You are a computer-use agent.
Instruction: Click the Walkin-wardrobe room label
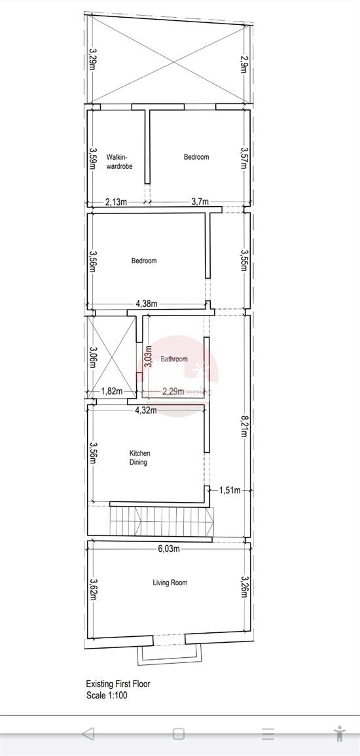tap(119, 162)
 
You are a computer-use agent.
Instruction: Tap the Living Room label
tap(170, 583)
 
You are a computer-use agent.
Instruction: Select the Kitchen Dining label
tap(139, 458)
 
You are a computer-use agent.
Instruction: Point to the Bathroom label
tap(174, 359)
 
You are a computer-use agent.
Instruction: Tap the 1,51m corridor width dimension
tap(230, 490)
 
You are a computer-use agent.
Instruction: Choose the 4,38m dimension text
tap(147, 304)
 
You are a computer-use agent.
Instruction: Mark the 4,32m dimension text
tap(146, 410)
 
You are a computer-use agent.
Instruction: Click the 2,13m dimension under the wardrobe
tap(116, 202)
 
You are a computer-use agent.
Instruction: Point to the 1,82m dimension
tap(111, 391)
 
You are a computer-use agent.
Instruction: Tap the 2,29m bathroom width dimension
tap(173, 391)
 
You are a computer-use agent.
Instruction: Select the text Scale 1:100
tap(107, 695)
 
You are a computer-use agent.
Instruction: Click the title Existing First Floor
tap(118, 684)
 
